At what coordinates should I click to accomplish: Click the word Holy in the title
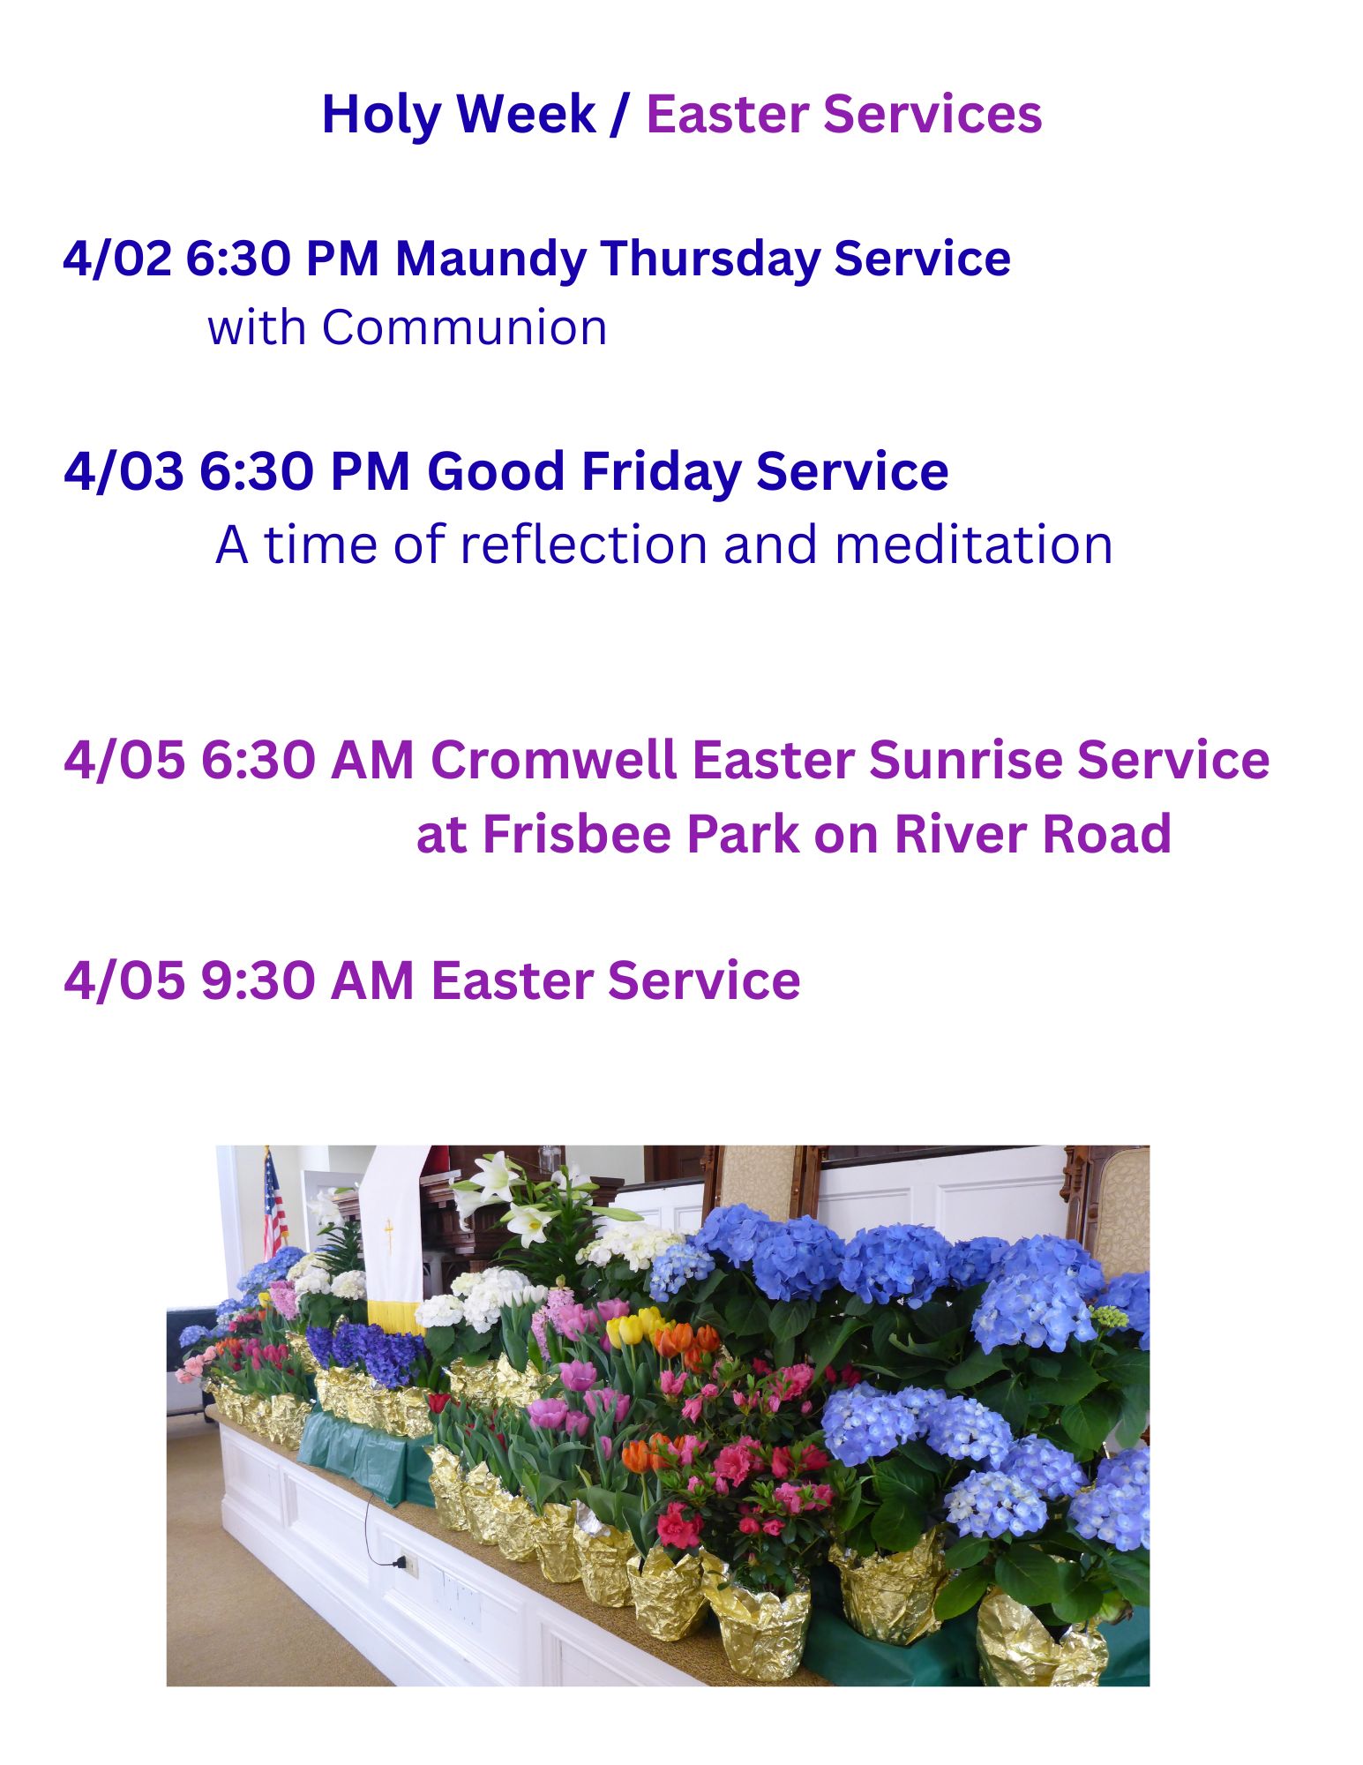click(x=382, y=116)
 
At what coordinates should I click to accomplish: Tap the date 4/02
click(x=116, y=259)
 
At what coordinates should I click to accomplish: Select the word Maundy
click(x=491, y=260)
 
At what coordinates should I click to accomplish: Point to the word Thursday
click(x=710, y=260)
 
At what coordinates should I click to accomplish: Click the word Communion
click(x=464, y=327)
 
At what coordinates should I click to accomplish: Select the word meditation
click(x=973, y=544)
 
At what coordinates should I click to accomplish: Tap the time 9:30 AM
click(x=307, y=980)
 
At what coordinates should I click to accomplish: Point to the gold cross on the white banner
click(x=388, y=1234)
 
